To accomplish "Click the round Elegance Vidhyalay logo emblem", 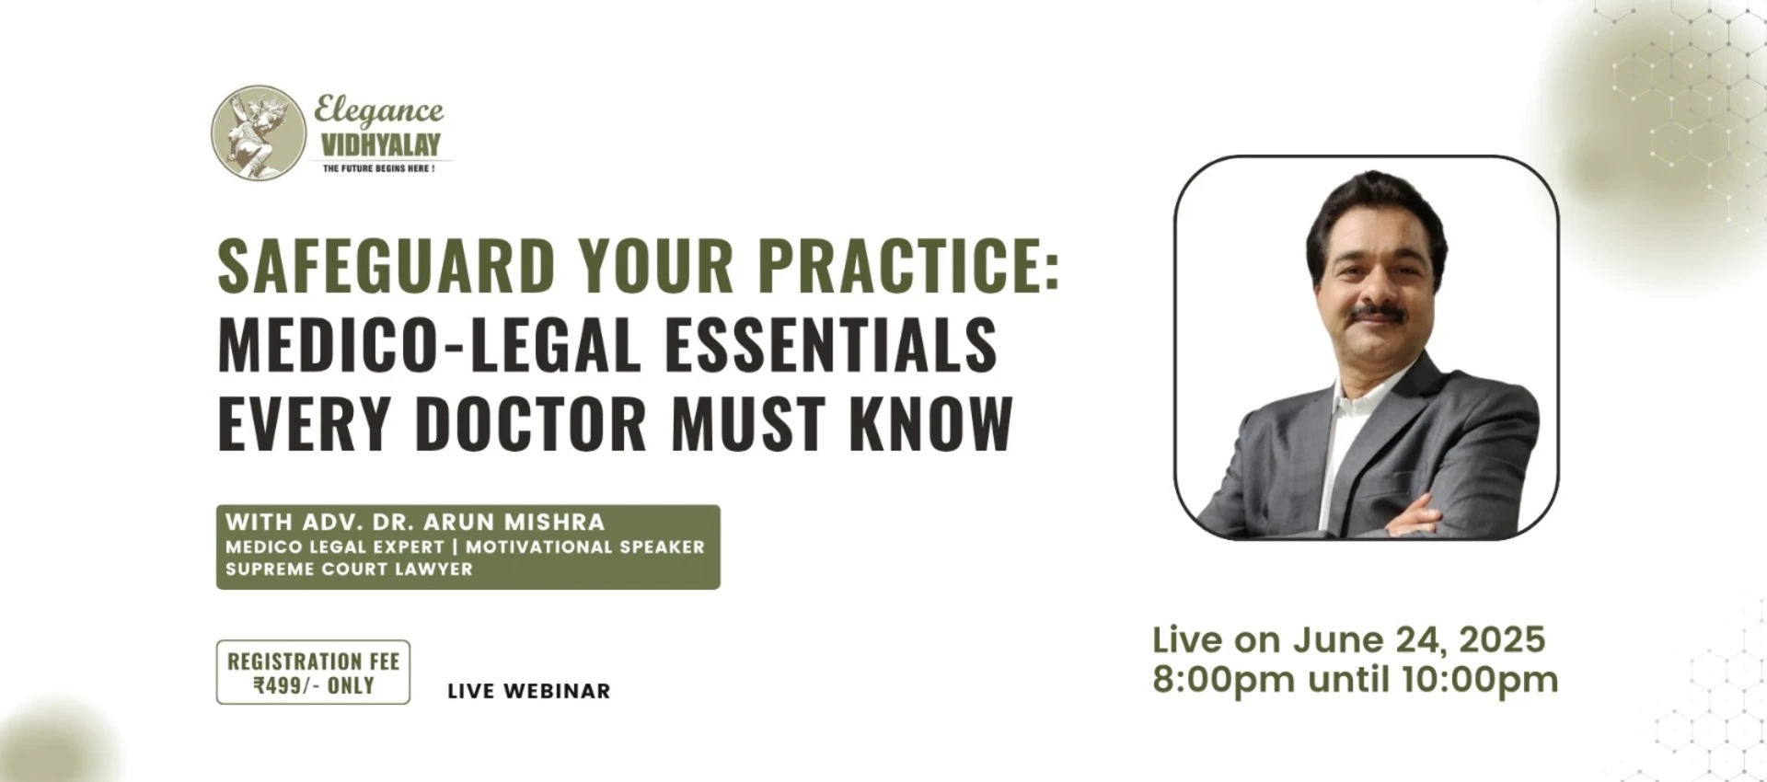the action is [x=259, y=132].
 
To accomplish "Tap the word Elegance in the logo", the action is [x=378, y=111].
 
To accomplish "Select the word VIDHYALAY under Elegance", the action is [x=380, y=144].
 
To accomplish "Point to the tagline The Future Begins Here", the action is [x=378, y=168].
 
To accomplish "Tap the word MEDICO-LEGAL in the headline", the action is [x=429, y=345].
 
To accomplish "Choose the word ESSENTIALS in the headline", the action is [x=831, y=345].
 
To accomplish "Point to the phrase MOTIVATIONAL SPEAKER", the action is [x=585, y=546].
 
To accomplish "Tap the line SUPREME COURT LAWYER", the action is [x=349, y=569].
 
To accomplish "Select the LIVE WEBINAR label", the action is [x=529, y=691].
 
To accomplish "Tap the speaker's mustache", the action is [x=1378, y=314].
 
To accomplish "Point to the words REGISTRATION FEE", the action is [x=314, y=661].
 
